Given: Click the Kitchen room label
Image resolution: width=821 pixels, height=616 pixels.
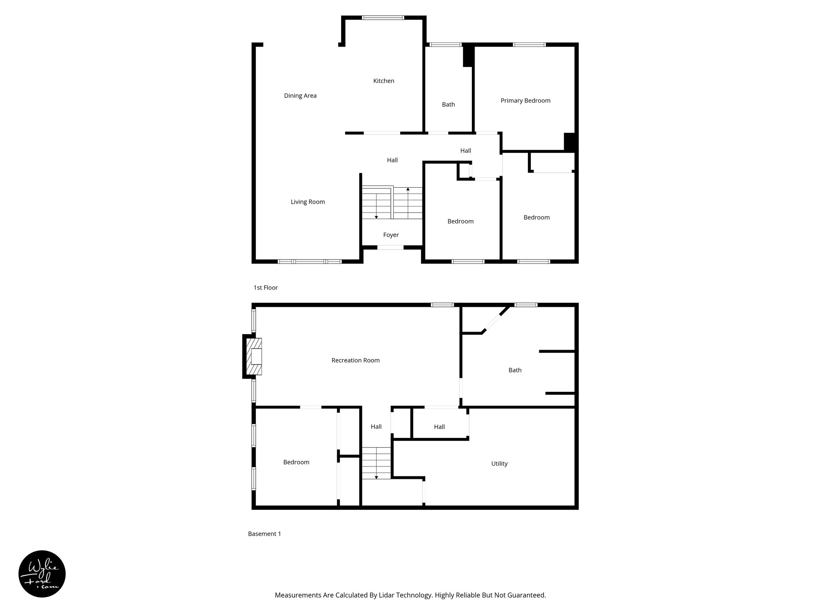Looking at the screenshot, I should click(x=384, y=81).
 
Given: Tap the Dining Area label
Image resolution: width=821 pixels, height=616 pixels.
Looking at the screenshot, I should click(x=300, y=96).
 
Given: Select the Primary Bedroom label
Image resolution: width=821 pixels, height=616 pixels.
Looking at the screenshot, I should click(x=525, y=101).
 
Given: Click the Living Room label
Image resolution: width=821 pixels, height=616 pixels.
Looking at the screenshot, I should click(x=307, y=202).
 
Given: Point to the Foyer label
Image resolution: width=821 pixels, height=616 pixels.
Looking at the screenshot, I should click(x=391, y=235).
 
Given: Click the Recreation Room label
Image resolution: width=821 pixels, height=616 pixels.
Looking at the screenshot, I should click(x=355, y=361).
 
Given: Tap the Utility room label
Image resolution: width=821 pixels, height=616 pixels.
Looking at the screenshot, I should click(x=499, y=464).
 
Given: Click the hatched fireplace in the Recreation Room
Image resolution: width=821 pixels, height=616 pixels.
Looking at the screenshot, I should click(x=254, y=357).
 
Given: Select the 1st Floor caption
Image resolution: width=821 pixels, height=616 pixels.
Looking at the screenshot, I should click(x=265, y=288).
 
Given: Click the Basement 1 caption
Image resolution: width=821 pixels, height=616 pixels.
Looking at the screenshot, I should click(x=264, y=534).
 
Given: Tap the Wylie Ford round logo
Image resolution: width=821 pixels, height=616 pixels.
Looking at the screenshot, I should click(x=42, y=574).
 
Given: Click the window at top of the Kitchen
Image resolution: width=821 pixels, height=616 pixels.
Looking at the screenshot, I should click(x=383, y=18).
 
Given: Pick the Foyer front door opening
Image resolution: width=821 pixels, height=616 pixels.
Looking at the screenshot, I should click(x=390, y=247).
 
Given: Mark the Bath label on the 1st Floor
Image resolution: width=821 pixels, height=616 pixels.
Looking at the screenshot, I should click(x=448, y=105).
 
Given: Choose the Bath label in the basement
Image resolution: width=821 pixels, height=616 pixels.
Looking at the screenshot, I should click(x=515, y=370).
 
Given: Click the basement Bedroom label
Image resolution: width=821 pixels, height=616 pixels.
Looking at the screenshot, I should click(x=296, y=462).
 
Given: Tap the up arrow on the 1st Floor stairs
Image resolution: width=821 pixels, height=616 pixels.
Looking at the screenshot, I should click(x=408, y=189).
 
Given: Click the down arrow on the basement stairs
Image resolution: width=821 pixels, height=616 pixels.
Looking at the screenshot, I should click(x=376, y=477).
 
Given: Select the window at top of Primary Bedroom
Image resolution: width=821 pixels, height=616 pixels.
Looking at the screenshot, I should click(x=529, y=45).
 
